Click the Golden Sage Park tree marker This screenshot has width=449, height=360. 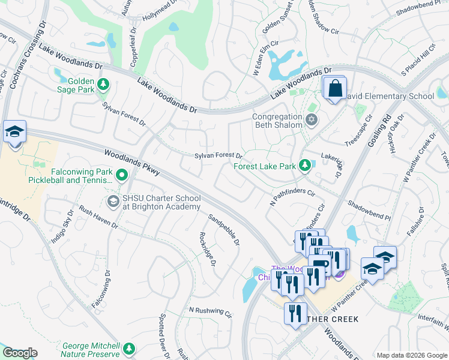(x=103, y=85)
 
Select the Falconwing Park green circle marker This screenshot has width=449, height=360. (x=122, y=175)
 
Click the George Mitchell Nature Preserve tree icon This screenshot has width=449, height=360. (x=128, y=348)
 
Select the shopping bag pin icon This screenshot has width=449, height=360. (x=334, y=89)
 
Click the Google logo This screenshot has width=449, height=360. (x=20, y=353)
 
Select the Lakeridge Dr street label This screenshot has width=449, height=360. (x=331, y=165)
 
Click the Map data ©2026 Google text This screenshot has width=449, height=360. (x=411, y=355)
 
